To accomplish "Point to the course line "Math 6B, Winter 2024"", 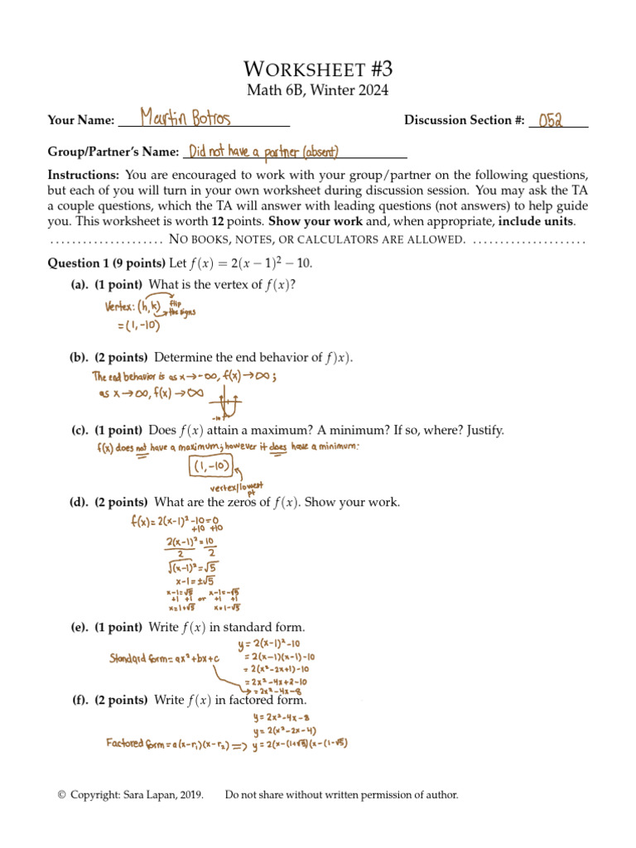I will pos(318,90).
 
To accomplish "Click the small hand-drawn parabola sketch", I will pos(227,405).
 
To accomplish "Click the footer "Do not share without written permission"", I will pos(341,795).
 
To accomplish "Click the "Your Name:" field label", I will pos(80,121).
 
